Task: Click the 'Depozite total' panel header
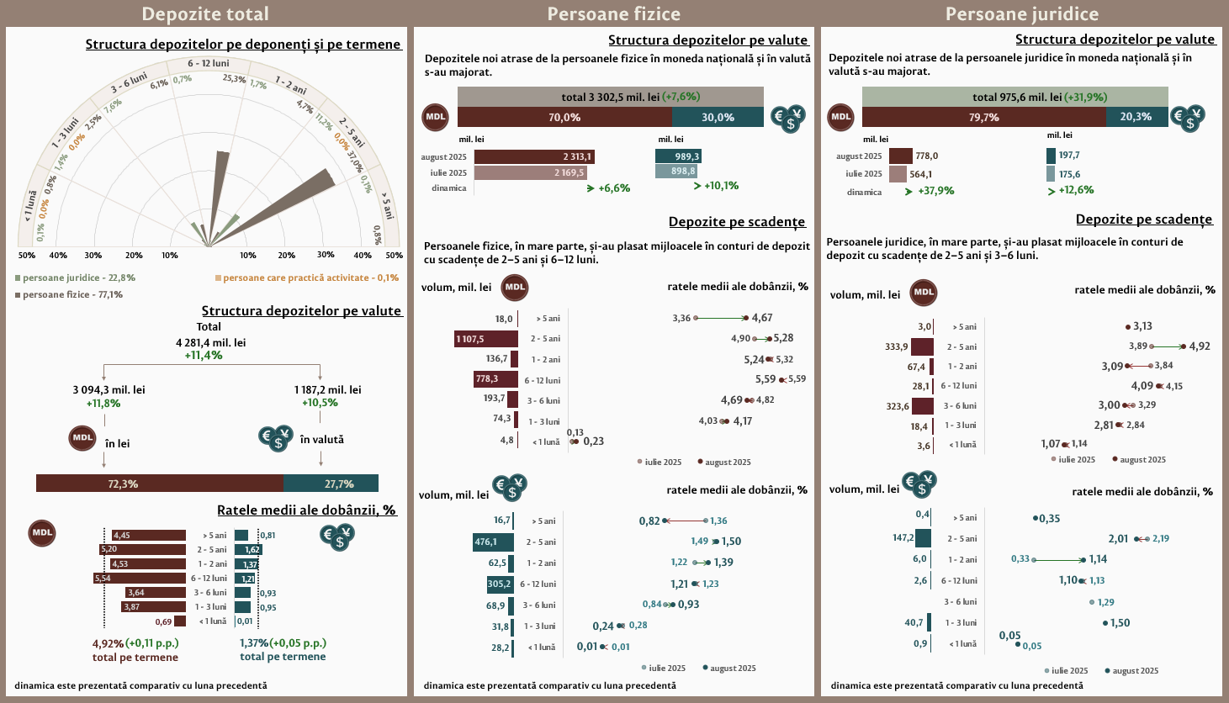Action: (205, 13)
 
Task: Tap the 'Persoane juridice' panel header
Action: (1021, 13)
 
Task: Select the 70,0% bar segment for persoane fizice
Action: (564, 118)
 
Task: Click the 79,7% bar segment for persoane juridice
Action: (983, 118)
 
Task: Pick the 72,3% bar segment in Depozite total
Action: (160, 484)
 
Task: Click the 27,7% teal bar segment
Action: (331, 484)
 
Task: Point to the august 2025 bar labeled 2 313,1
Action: (533, 156)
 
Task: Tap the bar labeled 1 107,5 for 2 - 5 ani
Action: (486, 339)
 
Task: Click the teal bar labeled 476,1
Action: (493, 542)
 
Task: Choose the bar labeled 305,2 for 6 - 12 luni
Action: (500, 584)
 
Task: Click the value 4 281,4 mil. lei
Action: (211, 343)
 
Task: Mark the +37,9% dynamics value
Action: (935, 191)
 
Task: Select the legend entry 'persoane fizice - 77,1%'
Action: (72, 295)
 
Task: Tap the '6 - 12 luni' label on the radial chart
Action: (209, 63)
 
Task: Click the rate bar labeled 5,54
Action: (140, 579)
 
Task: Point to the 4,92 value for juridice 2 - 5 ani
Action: (1200, 346)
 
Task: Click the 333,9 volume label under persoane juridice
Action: (897, 346)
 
